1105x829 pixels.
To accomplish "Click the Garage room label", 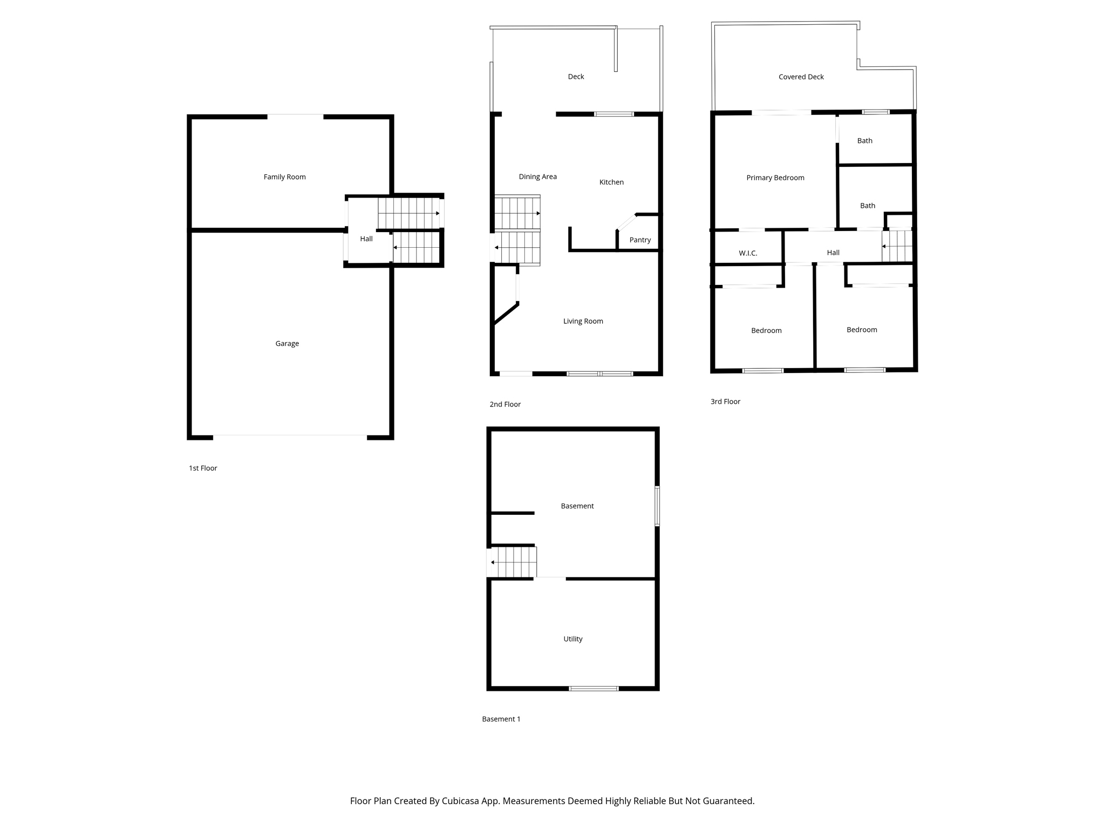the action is click(x=287, y=343).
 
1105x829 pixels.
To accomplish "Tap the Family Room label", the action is click(x=284, y=177).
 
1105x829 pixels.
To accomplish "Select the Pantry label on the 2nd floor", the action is click(x=640, y=240).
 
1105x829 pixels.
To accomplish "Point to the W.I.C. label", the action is click(x=748, y=253).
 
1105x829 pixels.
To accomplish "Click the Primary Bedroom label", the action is click(x=775, y=178).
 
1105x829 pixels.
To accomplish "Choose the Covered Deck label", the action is click(x=801, y=77).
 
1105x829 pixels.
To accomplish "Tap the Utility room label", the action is click(x=573, y=639).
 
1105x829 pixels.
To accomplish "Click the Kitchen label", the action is click(x=611, y=182).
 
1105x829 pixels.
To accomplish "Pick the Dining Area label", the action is click(x=538, y=176).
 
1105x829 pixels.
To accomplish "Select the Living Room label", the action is click(x=583, y=321).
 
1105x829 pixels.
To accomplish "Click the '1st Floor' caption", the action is click(x=203, y=468).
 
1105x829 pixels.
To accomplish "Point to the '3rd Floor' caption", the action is click(x=725, y=402).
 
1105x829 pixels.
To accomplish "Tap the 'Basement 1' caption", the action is click(x=501, y=719).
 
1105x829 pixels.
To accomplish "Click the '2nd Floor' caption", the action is click(x=505, y=404).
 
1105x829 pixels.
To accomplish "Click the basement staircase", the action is click(x=513, y=562).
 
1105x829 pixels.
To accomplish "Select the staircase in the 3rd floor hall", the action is click(x=897, y=246).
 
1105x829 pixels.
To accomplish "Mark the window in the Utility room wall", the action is click(x=594, y=688).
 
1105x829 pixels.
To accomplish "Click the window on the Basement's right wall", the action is click(x=657, y=506).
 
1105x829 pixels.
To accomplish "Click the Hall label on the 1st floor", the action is click(x=366, y=239).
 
